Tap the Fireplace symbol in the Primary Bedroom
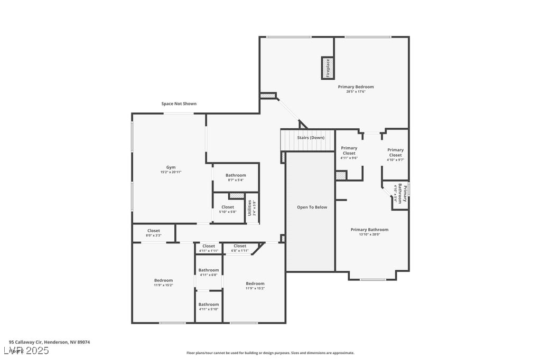(x=328, y=68)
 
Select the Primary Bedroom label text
(x=356, y=87)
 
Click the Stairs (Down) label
(x=311, y=138)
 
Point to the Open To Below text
(x=312, y=207)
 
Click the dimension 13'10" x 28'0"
(x=369, y=234)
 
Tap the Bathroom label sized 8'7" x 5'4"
(x=236, y=175)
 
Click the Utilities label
(x=250, y=207)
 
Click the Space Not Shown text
(x=179, y=104)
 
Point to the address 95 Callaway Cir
(x=49, y=342)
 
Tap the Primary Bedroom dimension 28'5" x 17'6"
(x=356, y=92)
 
